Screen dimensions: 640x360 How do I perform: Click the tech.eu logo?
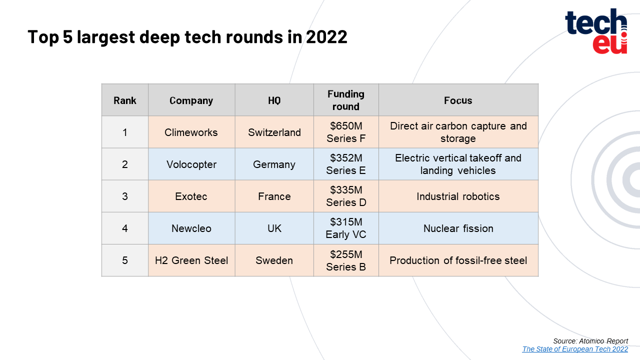click(x=596, y=31)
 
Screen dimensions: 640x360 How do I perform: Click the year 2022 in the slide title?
click(x=326, y=37)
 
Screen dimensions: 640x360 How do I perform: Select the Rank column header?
click(x=125, y=100)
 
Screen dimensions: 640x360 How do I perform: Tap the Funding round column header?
click(x=346, y=100)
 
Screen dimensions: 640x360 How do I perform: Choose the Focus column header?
click(x=458, y=100)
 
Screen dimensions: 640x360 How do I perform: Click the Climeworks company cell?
click(x=191, y=132)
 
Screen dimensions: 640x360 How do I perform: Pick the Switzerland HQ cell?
click(x=274, y=132)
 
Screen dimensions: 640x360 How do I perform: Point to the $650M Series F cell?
click(x=346, y=132)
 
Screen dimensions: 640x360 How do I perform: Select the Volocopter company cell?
click(x=191, y=164)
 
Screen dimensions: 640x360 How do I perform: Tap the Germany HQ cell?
click(x=274, y=164)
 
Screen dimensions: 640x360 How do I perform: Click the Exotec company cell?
click(x=191, y=196)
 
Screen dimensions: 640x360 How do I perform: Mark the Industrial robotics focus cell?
click(x=458, y=196)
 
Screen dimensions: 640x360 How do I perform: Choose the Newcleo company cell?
click(x=191, y=228)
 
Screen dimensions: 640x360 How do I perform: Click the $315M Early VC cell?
click(x=346, y=228)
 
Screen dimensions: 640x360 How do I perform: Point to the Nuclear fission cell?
click(x=458, y=228)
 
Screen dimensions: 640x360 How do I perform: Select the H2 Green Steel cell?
click(x=191, y=260)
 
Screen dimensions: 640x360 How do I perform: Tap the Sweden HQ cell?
click(x=274, y=260)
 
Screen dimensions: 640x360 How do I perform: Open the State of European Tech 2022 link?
click(x=575, y=349)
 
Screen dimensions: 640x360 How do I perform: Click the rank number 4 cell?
click(x=125, y=228)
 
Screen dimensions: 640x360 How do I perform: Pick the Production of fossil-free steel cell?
click(x=458, y=260)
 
